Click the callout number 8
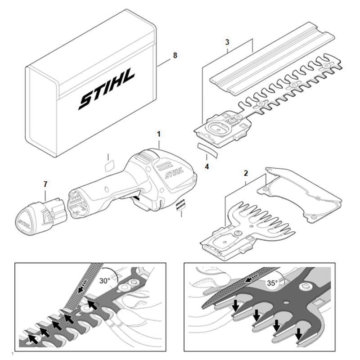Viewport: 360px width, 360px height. pyautogui.click(x=175, y=55)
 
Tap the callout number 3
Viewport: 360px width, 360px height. pyautogui.click(x=228, y=42)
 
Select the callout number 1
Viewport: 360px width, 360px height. pyautogui.click(x=158, y=134)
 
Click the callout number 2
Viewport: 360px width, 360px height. pyautogui.click(x=246, y=173)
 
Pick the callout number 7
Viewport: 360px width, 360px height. pyautogui.click(x=45, y=184)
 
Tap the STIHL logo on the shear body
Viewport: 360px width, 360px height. pyautogui.click(x=174, y=172)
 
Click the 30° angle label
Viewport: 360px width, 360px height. pyautogui.click(x=105, y=280)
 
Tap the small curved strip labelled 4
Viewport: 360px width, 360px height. pyautogui.click(x=206, y=148)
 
